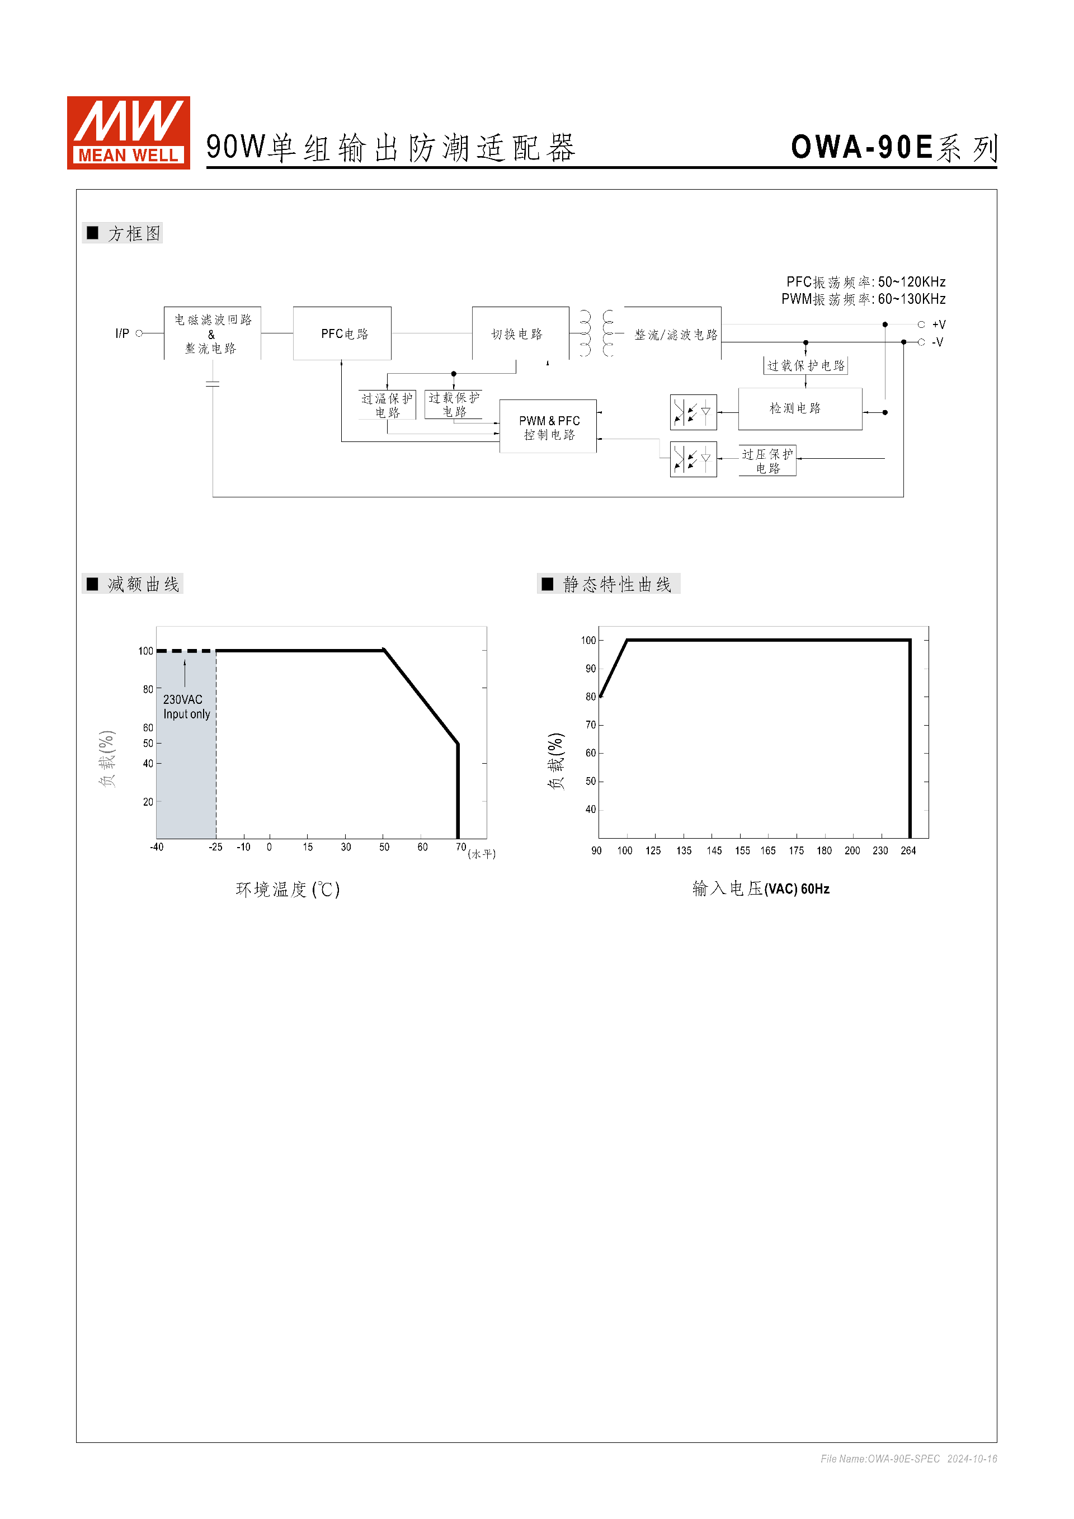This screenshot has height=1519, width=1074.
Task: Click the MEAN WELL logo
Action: point(128,132)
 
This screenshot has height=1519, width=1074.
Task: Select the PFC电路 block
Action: point(342,333)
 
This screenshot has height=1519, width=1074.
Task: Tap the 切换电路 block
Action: point(520,333)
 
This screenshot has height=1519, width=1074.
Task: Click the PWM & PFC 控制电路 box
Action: point(548,427)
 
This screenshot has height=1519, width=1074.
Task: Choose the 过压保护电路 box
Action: point(767,460)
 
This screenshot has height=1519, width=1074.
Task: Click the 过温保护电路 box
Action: point(387,405)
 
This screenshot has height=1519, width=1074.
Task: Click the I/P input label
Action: point(123,333)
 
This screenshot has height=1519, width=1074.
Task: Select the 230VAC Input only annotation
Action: point(186,707)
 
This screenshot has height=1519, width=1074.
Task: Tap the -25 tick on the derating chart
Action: point(215,848)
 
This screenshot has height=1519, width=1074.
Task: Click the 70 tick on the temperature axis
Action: point(461,848)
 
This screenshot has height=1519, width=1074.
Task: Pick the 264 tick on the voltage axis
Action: point(908,851)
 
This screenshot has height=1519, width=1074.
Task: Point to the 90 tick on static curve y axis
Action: point(590,669)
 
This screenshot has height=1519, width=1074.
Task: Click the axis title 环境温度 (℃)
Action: point(288,889)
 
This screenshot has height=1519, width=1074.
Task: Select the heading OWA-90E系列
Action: point(893,148)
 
